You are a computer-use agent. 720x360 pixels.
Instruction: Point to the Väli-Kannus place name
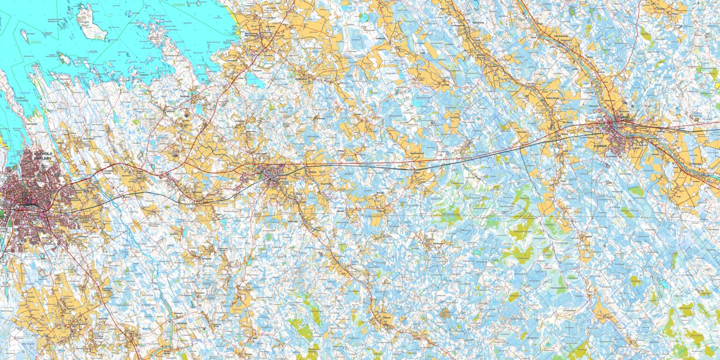coord(562,36)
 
